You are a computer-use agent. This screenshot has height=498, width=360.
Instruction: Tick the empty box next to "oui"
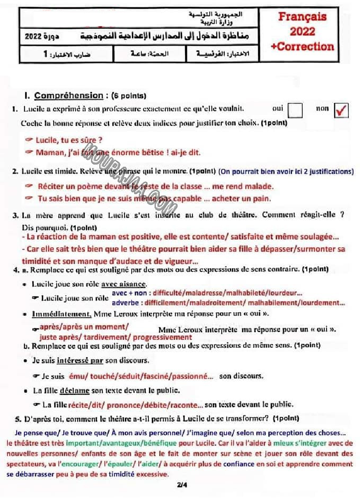pos(295,110)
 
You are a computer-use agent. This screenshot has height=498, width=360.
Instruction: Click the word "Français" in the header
pos(302,17)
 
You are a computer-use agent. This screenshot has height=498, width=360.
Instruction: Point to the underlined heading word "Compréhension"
pos(68,95)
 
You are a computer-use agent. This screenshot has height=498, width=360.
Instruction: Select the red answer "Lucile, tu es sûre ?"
pos(69,140)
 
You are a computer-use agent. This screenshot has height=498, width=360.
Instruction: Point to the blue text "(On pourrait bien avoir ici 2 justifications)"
pos(286,172)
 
